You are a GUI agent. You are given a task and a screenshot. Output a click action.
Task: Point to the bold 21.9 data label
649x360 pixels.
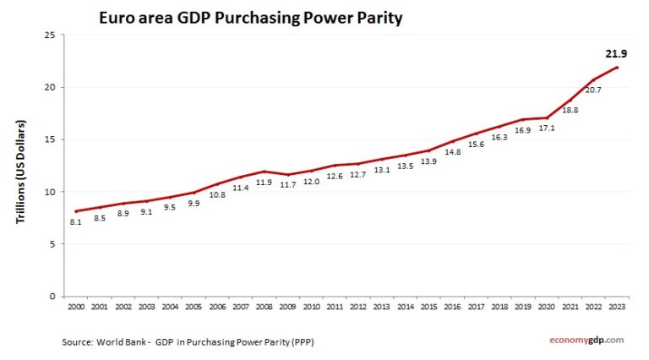(616, 53)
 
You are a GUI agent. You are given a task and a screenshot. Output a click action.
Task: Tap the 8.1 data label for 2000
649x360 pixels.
(76, 222)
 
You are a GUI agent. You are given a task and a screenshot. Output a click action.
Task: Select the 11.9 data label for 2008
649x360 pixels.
(265, 183)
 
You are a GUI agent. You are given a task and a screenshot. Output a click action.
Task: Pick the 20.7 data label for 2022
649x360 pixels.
(593, 90)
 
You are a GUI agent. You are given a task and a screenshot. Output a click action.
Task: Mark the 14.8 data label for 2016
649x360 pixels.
(452, 152)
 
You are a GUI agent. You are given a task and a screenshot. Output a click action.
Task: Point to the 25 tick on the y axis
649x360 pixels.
(50, 35)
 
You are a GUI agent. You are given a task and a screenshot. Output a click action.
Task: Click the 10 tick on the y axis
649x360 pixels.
(50, 192)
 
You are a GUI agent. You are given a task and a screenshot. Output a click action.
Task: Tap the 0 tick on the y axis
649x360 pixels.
(52, 297)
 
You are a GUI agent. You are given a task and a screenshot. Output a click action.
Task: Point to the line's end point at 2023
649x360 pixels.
(616, 68)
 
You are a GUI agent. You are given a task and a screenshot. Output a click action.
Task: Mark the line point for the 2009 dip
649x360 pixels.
(288, 175)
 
